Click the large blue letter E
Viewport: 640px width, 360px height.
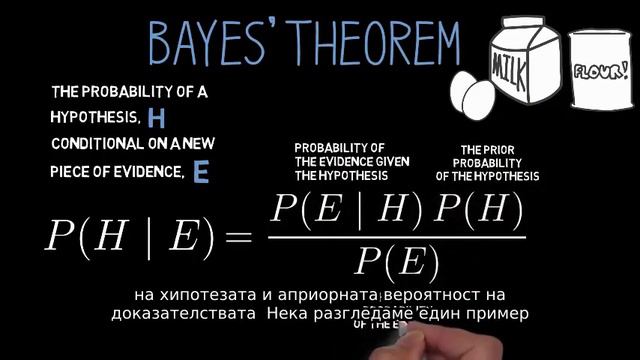pos(201,172)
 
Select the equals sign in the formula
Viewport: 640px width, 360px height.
pos(240,236)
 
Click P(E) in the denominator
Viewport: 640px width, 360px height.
pos(397,262)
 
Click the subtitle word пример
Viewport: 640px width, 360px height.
pos(492,312)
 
